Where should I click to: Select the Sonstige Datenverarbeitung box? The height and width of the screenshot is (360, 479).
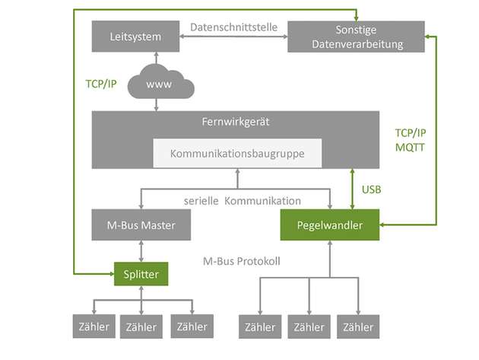pos(356,36)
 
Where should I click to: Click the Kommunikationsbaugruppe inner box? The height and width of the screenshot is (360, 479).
pos(237,153)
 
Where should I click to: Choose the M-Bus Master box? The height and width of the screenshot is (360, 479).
pos(140,225)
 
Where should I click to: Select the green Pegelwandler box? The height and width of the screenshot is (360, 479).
pos(330,225)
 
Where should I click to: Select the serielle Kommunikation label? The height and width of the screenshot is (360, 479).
pos(243,200)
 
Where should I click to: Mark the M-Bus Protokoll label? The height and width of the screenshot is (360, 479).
pos(242,261)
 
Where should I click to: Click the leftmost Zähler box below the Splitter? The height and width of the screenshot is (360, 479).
pos(92,327)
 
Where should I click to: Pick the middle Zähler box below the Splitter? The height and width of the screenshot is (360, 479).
pos(141,327)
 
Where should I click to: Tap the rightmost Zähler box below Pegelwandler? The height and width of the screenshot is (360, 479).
pos(358,327)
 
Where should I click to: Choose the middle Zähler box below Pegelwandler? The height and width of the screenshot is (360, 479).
pos(309,327)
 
